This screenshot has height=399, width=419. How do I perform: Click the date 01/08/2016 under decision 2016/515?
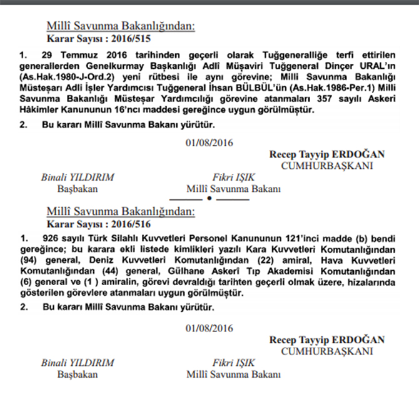coord(209,143)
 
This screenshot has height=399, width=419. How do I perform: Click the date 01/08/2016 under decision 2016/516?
coord(209,328)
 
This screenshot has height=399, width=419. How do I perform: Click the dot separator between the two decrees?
coord(209,199)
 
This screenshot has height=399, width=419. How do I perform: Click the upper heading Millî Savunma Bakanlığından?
coord(121,26)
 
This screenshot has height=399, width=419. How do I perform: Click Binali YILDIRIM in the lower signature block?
coord(78,363)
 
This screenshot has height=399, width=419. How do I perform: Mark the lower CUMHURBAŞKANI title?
coord(327,351)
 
